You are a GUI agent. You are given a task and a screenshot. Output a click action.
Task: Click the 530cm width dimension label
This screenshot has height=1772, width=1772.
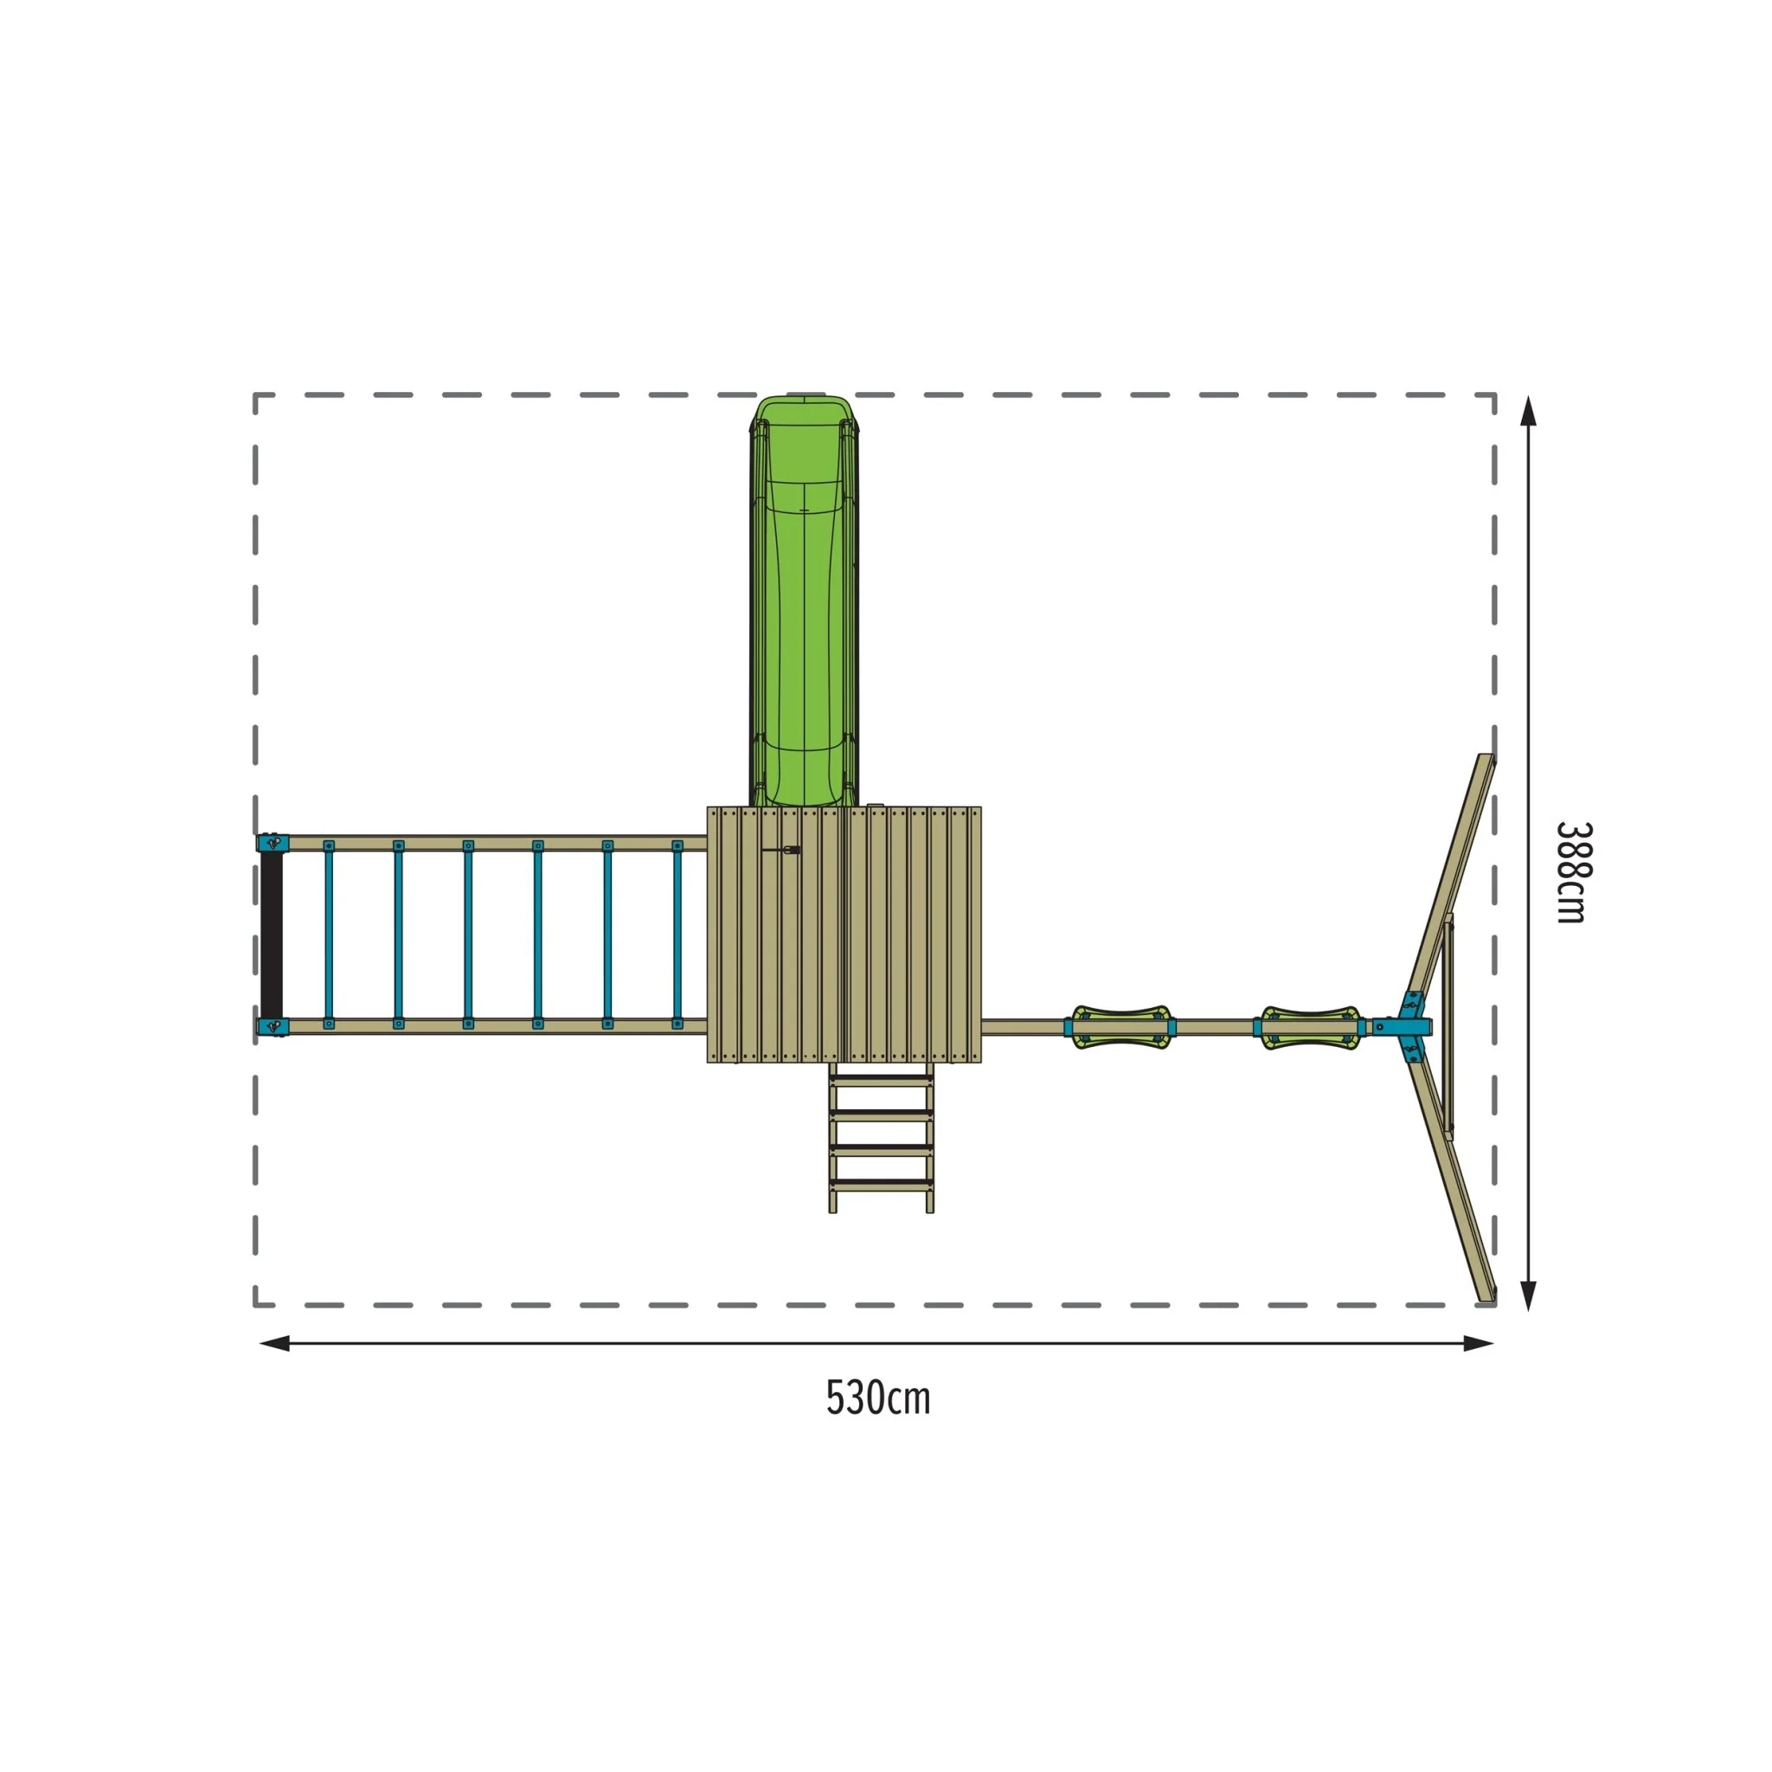click(x=877, y=1400)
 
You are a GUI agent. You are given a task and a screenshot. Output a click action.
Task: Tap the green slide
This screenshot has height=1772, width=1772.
click(x=805, y=601)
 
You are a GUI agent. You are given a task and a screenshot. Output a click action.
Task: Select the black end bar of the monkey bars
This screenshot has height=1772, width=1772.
click(x=272, y=934)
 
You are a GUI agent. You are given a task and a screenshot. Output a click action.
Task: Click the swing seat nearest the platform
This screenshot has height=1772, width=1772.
click(x=1119, y=1027)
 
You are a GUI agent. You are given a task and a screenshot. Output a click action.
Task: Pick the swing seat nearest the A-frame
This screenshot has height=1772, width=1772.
click(x=1311, y=1027)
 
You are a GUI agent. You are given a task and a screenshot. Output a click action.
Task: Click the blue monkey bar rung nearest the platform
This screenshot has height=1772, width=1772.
click(x=677, y=934)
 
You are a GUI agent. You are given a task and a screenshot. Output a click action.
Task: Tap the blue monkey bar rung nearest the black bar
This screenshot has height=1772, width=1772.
click(x=328, y=934)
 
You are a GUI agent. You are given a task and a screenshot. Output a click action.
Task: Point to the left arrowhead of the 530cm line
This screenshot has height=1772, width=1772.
click(x=274, y=1344)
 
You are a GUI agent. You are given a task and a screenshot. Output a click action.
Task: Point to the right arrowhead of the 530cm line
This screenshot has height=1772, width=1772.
click(x=1480, y=1344)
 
